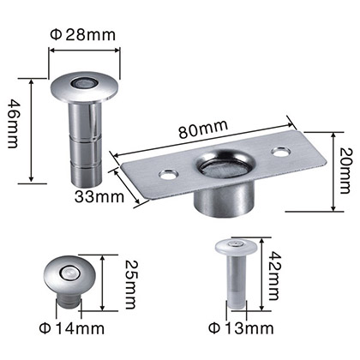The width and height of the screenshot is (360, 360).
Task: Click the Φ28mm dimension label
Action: (83, 35)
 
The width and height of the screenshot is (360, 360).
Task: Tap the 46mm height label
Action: (13, 123)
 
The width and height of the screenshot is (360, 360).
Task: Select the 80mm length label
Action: (203, 129)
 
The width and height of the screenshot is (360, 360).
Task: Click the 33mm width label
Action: (99, 197)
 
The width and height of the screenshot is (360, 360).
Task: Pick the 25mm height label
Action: (131, 285)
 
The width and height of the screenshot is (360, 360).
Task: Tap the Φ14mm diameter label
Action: (72, 329)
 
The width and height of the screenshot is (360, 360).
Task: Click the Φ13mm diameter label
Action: (241, 328)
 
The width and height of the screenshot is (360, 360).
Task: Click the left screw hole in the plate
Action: (168, 174)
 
